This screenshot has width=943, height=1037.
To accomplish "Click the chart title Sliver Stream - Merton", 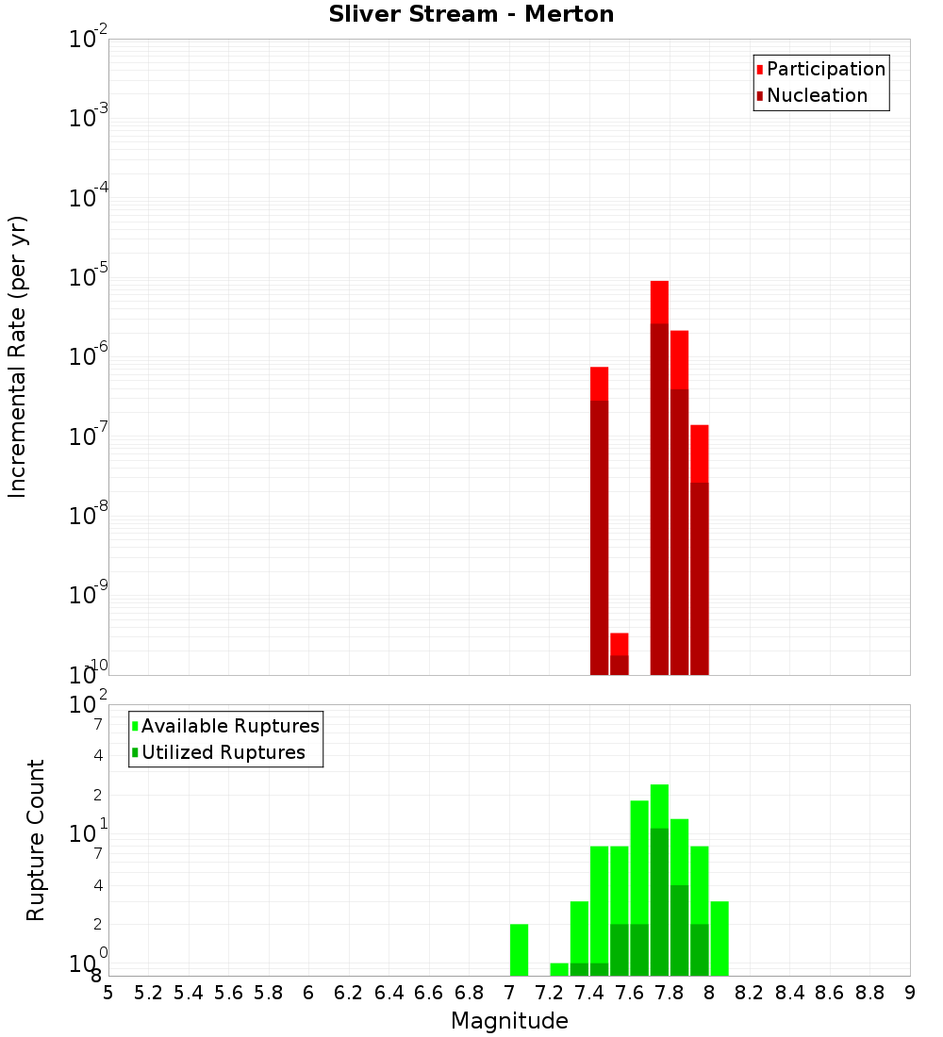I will coord(471,14).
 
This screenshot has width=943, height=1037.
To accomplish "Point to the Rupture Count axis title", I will coord(36,840).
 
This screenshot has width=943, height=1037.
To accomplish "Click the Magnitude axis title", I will coord(509,1021).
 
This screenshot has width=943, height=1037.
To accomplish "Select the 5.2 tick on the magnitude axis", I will coord(149,993).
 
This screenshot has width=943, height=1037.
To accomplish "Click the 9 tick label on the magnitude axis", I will coord(910,993).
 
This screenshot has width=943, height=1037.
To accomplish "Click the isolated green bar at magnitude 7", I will coord(519,949).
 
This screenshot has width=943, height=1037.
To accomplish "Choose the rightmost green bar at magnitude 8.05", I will coord(720,938).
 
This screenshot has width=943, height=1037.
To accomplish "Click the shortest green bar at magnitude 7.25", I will coord(559,969).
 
